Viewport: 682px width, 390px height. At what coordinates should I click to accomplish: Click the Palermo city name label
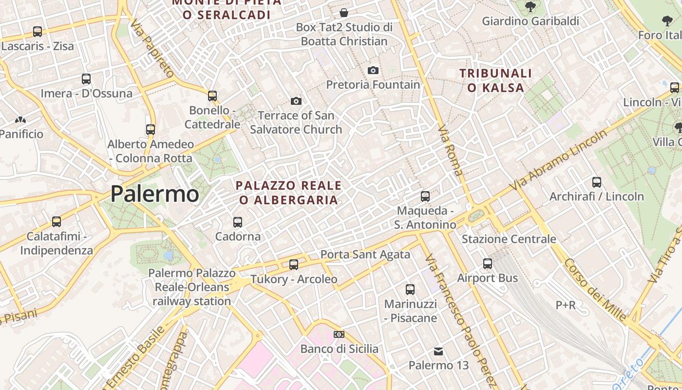tap(154, 194)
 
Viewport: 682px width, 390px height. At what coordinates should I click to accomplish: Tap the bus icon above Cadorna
tap(238, 222)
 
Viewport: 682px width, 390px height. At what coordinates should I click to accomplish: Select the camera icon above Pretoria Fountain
tap(373, 71)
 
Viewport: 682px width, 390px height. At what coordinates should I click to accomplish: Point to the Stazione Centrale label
tap(509, 239)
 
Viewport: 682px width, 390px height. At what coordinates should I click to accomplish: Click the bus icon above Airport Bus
tap(488, 264)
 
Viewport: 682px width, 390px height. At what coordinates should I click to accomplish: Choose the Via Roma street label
tap(450, 151)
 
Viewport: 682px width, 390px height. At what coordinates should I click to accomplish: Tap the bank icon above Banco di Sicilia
tap(339, 334)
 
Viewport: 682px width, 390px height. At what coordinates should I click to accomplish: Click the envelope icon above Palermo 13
tap(438, 351)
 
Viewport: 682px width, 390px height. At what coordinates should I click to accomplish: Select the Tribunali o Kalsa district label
tap(496, 80)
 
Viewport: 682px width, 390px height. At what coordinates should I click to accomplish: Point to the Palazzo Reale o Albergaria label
tap(289, 193)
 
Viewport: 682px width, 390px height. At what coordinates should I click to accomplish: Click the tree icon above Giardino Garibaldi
tap(530, 7)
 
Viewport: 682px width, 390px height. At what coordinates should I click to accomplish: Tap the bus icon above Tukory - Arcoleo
tap(294, 265)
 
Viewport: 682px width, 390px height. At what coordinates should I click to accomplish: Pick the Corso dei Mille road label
tap(595, 290)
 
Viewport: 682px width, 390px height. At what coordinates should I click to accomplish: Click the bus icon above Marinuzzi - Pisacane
tap(410, 290)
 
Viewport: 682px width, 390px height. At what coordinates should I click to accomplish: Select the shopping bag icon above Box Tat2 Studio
tap(344, 13)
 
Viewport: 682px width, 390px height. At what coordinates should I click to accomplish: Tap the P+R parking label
tap(566, 305)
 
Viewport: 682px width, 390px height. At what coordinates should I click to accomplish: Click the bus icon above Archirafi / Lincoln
tap(597, 182)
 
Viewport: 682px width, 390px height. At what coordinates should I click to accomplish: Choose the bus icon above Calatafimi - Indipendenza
tap(57, 222)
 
